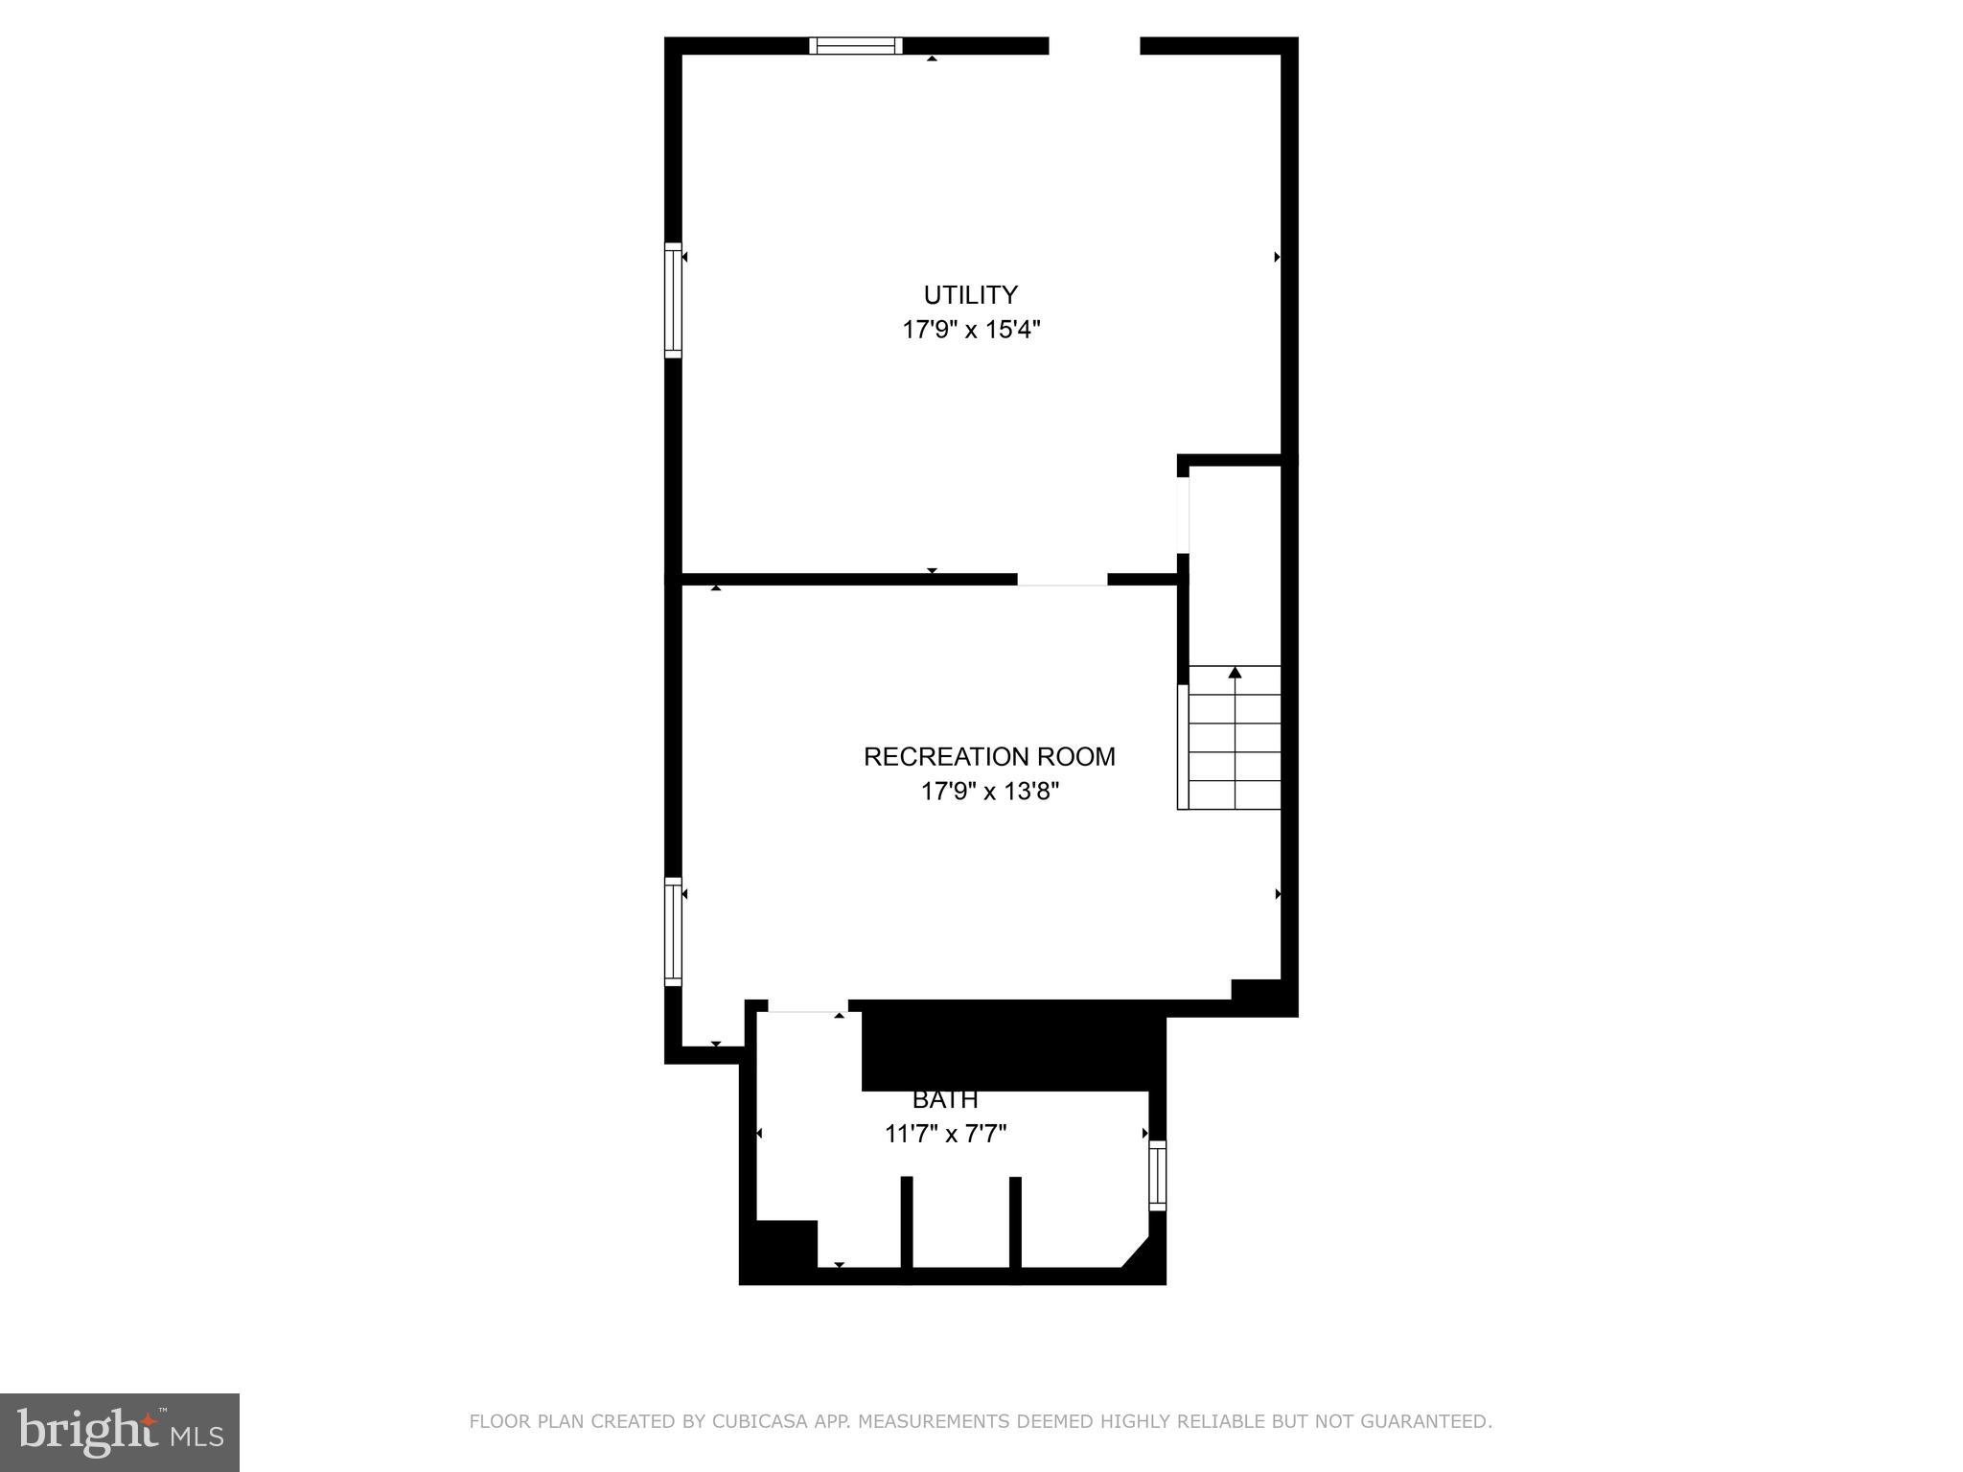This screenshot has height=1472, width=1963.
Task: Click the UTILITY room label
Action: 970,295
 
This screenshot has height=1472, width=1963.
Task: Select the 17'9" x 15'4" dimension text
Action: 971,331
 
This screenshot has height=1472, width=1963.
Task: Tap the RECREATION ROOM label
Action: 989,757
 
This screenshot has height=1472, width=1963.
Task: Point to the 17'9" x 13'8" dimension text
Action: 990,793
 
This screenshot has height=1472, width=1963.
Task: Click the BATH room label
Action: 945,1100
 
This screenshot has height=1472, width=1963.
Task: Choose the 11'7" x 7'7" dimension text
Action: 945,1135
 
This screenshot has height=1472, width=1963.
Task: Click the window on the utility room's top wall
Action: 856,46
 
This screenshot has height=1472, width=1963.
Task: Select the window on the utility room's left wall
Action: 673,301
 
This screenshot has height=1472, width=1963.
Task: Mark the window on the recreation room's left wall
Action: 673,931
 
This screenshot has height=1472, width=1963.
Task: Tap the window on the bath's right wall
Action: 1157,1176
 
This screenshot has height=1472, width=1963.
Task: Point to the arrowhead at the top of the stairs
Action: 1235,673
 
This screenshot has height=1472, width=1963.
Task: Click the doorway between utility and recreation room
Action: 1062,580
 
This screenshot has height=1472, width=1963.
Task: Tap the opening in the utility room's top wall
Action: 1095,46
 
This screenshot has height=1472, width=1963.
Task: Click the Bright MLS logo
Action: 120,1432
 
